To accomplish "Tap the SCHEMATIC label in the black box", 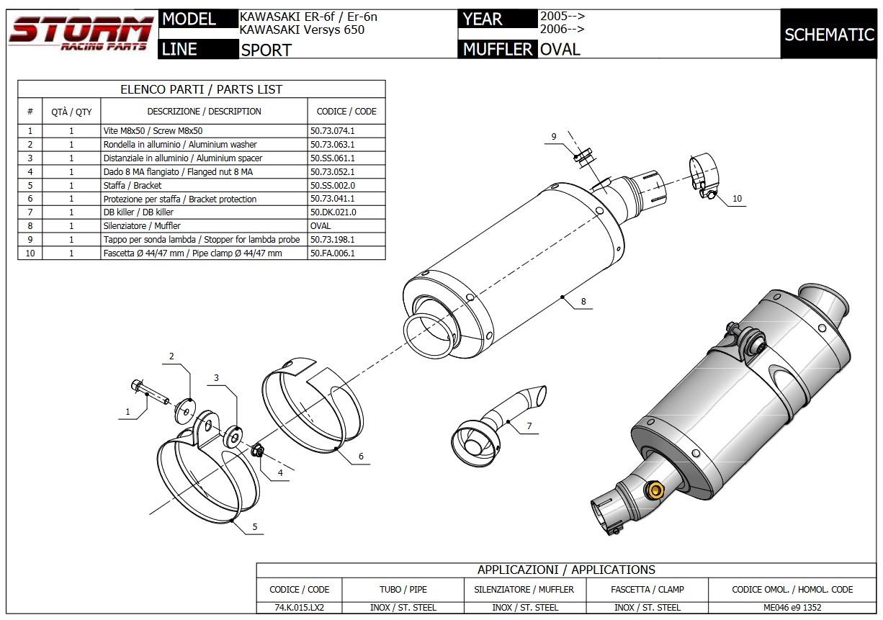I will [829, 35].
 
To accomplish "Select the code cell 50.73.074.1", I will [332, 131].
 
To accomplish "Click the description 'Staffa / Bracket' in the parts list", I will [133, 185].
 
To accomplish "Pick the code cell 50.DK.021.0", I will [332, 212].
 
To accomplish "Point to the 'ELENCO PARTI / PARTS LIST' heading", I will [201, 89].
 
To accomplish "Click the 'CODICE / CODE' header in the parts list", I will [346, 112].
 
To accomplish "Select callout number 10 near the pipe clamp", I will [737, 199].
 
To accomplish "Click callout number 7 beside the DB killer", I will [529, 426].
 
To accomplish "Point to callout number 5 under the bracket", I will [254, 527].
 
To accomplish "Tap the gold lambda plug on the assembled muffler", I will [656, 490].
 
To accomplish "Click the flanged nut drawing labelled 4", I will [258, 451].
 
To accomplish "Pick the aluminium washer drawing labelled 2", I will [184, 411].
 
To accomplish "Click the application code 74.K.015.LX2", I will [299, 608].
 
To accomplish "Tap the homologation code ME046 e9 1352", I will [792, 608].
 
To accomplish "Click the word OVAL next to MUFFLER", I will [560, 49].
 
